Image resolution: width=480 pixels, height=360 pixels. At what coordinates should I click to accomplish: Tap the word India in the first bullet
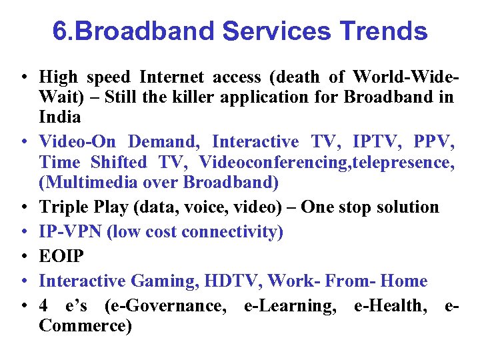(60, 117)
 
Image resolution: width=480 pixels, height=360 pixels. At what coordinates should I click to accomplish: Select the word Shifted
(119, 162)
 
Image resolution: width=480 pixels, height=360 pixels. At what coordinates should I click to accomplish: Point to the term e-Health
(398, 306)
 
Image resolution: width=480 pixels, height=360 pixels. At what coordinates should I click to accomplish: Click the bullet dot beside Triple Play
(23, 208)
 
